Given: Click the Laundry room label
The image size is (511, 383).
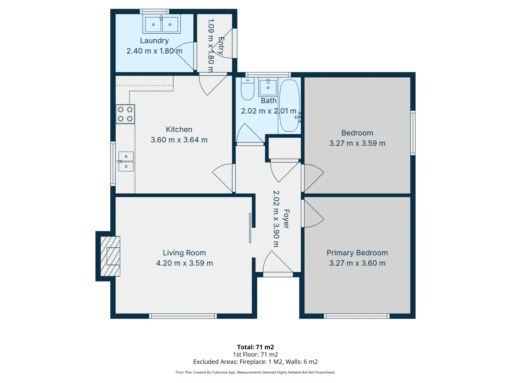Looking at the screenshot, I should pyautogui.click(x=154, y=41).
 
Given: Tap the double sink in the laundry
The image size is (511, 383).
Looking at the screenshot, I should pyautogui.click(x=161, y=24).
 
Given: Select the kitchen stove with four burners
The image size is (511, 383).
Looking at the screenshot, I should pyautogui.click(x=125, y=114).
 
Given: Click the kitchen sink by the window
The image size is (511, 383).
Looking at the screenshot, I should pyautogui.click(x=126, y=161).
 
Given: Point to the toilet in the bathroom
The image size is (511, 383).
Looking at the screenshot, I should pyautogui.click(x=247, y=90).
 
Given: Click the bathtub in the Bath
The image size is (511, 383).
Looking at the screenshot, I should pyautogui.click(x=289, y=105).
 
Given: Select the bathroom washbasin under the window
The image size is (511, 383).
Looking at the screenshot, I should pyautogui.click(x=268, y=87).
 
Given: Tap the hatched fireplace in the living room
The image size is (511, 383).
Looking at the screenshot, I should pyautogui.click(x=110, y=256).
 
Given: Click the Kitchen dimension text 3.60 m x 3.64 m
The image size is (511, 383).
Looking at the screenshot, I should pyautogui.click(x=179, y=140).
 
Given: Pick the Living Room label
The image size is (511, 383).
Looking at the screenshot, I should pyautogui.click(x=184, y=253).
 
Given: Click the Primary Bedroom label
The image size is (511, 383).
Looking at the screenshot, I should pyautogui.click(x=357, y=253).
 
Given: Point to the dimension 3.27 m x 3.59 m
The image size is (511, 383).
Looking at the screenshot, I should pyautogui.click(x=357, y=143).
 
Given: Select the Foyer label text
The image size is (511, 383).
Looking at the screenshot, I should pyautogui.click(x=286, y=219).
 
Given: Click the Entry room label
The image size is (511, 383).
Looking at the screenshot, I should pyautogui.click(x=221, y=46).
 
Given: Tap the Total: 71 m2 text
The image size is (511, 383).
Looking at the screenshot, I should pyautogui.click(x=255, y=347).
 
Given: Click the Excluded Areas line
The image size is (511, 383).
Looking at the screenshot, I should pyautogui.click(x=255, y=362).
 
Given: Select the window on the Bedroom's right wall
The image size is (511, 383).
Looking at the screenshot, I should pyautogui.click(x=413, y=133).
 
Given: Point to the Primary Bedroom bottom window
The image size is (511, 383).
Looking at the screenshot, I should pyautogui.click(x=357, y=316).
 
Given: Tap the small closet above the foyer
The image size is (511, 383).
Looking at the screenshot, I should pyautogui.click(x=285, y=148).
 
